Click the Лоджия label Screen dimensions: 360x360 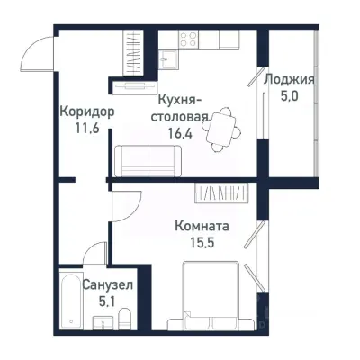tap(289, 78)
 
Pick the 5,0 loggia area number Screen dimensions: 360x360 tap(289, 96)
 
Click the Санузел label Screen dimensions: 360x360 tap(108, 284)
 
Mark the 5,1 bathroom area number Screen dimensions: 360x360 tap(108, 301)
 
